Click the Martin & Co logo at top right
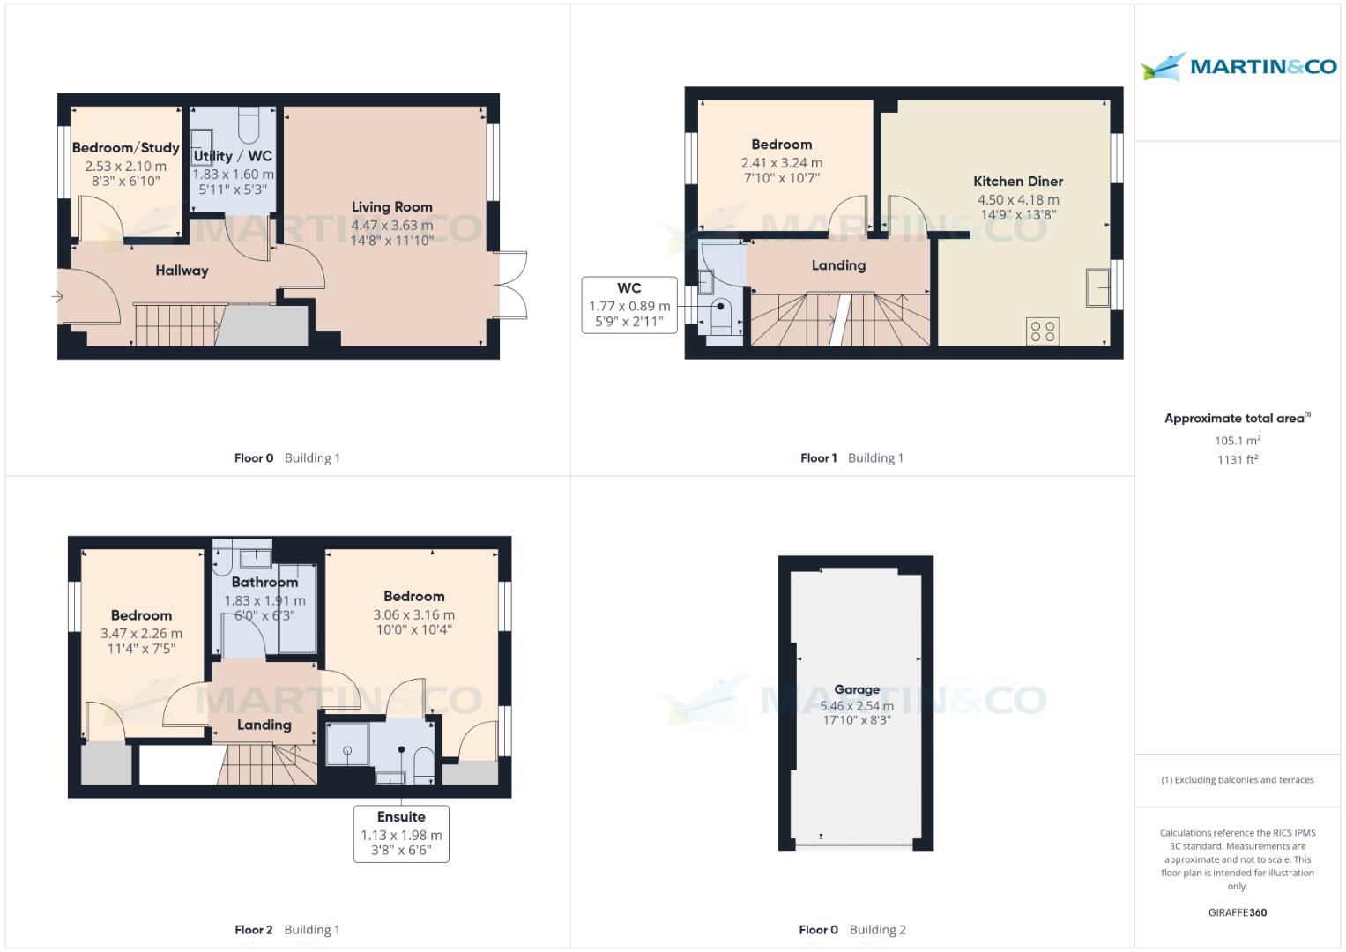(1238, 67)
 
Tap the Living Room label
(391, 207)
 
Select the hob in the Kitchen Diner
(1043, 331)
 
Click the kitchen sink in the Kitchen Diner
(1097, 287)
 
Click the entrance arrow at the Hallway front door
(58, 297)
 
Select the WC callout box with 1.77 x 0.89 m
(629, 305)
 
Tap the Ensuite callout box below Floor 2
(401, 833)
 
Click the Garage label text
(857, 689)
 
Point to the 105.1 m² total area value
(1237, 441)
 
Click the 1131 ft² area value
(1237, 459)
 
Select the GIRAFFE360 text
(1237, 912)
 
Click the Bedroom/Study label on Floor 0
(125, 148)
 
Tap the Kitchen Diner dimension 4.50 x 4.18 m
(1018, 200)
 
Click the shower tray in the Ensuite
(347, 744)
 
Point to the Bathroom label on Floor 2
(264, 582)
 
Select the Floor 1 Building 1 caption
(851, 457)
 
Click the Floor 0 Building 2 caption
(851, 929)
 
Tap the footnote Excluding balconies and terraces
(1237, 780)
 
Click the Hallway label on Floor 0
(182, 271)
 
